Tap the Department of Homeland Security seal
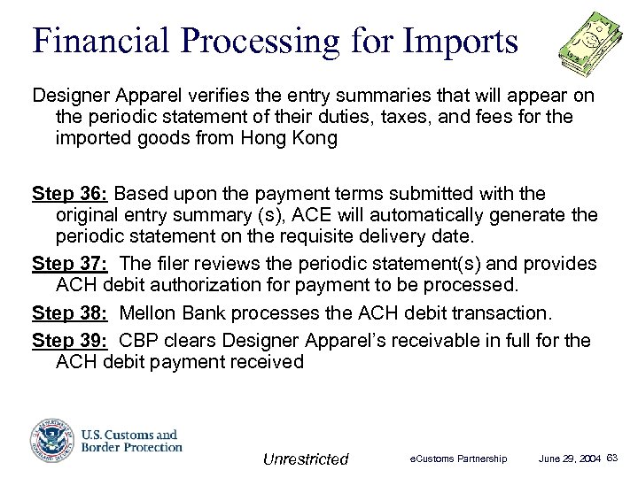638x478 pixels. pos(49,440)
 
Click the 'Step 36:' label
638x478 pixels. pos(70,193)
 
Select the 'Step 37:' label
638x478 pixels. pos(70,264)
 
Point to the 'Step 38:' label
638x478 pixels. pos(70,312)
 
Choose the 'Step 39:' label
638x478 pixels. pos(70,340)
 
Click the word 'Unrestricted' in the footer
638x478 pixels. pos(306,459)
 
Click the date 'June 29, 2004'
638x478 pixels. pos(571,459)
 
